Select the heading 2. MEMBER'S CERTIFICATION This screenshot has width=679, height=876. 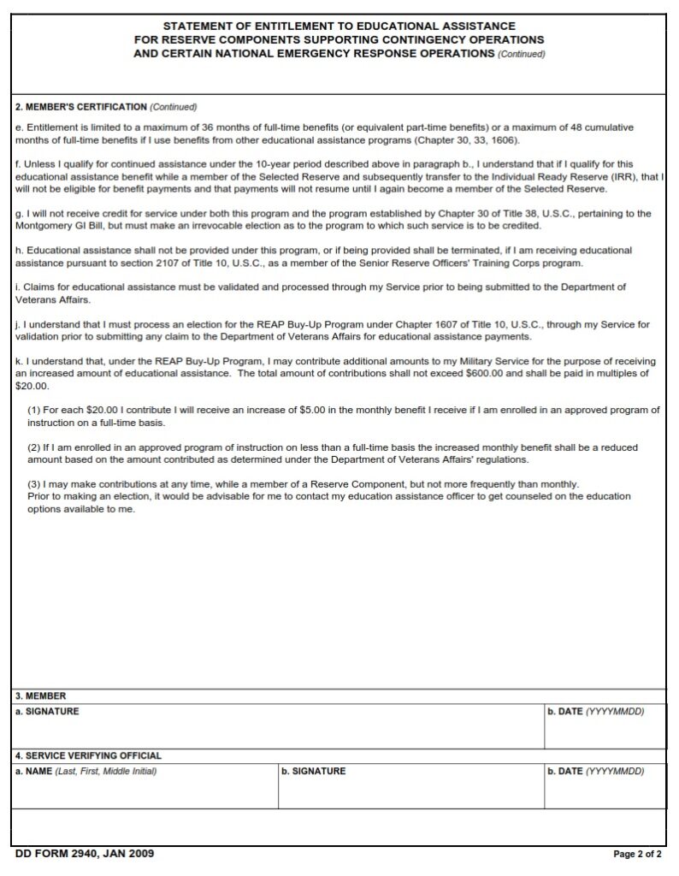click(81, 107)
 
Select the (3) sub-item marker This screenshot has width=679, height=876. click(34, 483)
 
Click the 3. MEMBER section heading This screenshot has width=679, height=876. click(41, 695)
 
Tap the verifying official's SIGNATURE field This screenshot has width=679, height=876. click(410, 791)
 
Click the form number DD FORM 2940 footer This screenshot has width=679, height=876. click(85, 854)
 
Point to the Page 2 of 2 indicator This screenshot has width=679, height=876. click(637, 854)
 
